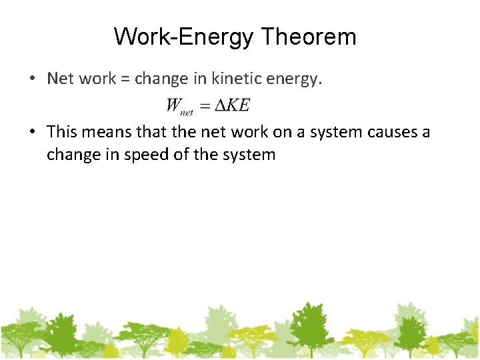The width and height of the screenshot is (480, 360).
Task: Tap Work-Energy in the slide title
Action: [x=184, y=37]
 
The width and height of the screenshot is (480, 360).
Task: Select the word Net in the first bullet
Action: [x=61, y=79]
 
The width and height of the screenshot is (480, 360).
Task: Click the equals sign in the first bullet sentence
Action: [x=125, y=79]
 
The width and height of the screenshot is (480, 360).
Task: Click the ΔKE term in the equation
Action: [x=232, y=105]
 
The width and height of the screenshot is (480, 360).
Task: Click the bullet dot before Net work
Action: [x=32, y=79]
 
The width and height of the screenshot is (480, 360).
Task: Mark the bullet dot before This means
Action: [x=32, y=133]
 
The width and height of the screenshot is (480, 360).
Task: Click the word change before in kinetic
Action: [x=161, y=79]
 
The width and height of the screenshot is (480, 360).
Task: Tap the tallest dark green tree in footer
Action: [x=308, y=327]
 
